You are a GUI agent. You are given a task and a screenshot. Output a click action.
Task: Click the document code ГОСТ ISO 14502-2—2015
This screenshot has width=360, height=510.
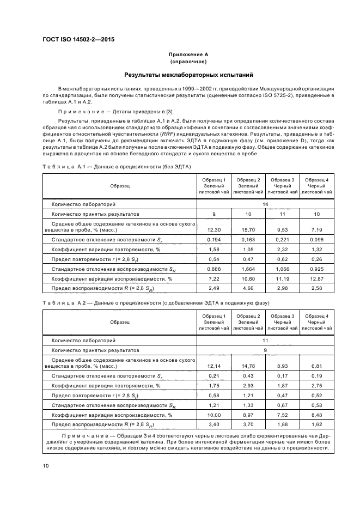click(x=78, y=39)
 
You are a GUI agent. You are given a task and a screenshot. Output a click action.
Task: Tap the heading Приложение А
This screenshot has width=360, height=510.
click(x=188, y=55)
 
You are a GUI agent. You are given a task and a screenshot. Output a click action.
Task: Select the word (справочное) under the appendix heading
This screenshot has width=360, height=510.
click(x=188, y=62)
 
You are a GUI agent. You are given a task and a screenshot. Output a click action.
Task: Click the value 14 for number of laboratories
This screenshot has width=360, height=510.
click(x=265, y=204)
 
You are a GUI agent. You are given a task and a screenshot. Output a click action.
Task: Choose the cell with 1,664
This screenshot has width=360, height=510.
click(x=248, y=269)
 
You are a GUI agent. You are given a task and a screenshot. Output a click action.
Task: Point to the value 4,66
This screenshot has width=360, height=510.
click(x=248, y=289)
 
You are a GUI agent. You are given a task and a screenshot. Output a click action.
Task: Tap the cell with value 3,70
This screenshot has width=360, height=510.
click(x=248, y=424)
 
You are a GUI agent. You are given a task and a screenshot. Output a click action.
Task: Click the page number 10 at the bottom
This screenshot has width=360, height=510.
click(x=46, y=465)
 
